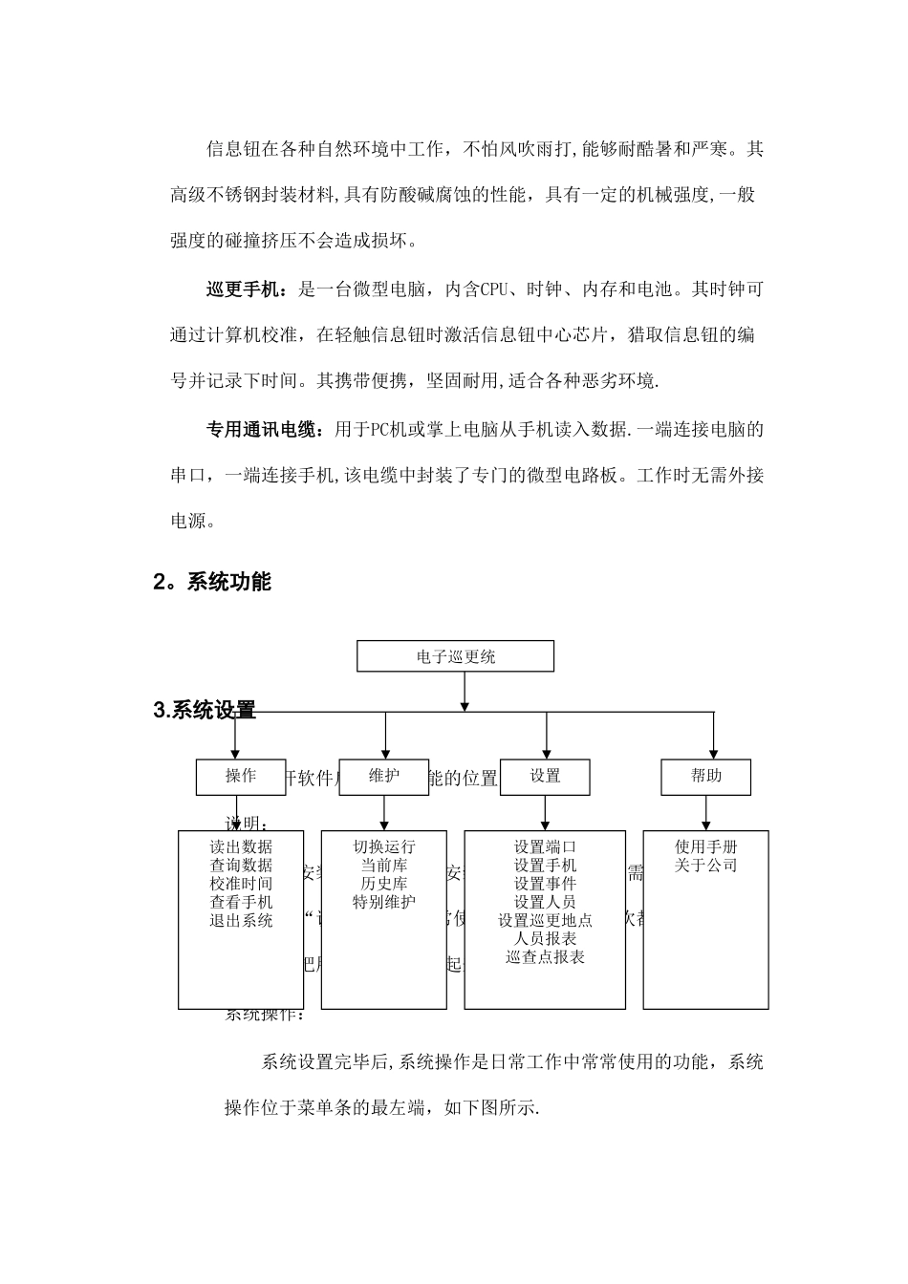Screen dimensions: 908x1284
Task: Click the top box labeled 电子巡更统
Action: pos(455,656)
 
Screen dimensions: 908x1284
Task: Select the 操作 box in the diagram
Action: pos(241,777)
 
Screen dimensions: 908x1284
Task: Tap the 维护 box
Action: pos(384,777)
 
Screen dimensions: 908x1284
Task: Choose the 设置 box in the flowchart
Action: pos(545,777)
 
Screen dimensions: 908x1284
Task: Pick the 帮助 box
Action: pos(706,777)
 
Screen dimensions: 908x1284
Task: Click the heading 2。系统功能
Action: pos(212,582)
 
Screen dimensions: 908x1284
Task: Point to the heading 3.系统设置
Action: pos(205,711)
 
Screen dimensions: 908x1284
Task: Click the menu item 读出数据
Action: pos(241,846)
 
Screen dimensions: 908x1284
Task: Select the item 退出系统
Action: pos(241,921)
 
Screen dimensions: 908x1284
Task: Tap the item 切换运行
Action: pos(384,846)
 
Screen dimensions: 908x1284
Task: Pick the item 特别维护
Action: pos(384,902)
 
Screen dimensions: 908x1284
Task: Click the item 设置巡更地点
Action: pos(545,921)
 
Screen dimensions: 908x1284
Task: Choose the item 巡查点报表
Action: pos(545,957)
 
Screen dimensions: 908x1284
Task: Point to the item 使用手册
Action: pos(706,846)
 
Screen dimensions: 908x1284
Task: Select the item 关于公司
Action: pos(706,866)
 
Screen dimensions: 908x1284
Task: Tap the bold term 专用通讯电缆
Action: pos(261,430)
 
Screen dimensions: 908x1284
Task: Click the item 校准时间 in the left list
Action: pos(241,884)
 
